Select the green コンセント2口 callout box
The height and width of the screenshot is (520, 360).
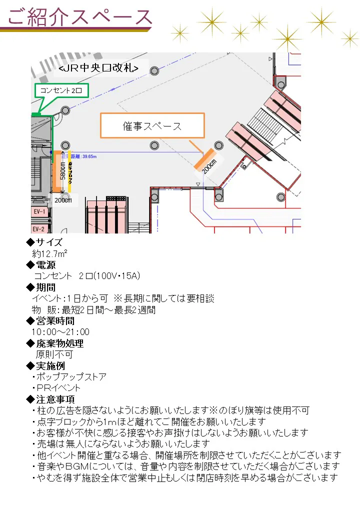62,91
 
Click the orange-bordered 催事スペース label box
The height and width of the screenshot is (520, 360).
152,125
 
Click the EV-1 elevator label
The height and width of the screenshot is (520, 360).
39,212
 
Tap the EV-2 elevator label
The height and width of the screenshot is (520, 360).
39,229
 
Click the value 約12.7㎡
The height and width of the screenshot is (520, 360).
50,253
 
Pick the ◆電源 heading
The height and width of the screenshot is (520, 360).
40,265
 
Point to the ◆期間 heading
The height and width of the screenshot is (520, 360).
40,287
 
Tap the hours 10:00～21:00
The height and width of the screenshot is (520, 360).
60,332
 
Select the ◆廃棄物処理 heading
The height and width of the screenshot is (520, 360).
54,343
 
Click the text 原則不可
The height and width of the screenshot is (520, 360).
54,354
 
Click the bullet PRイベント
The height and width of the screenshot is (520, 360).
58,387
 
